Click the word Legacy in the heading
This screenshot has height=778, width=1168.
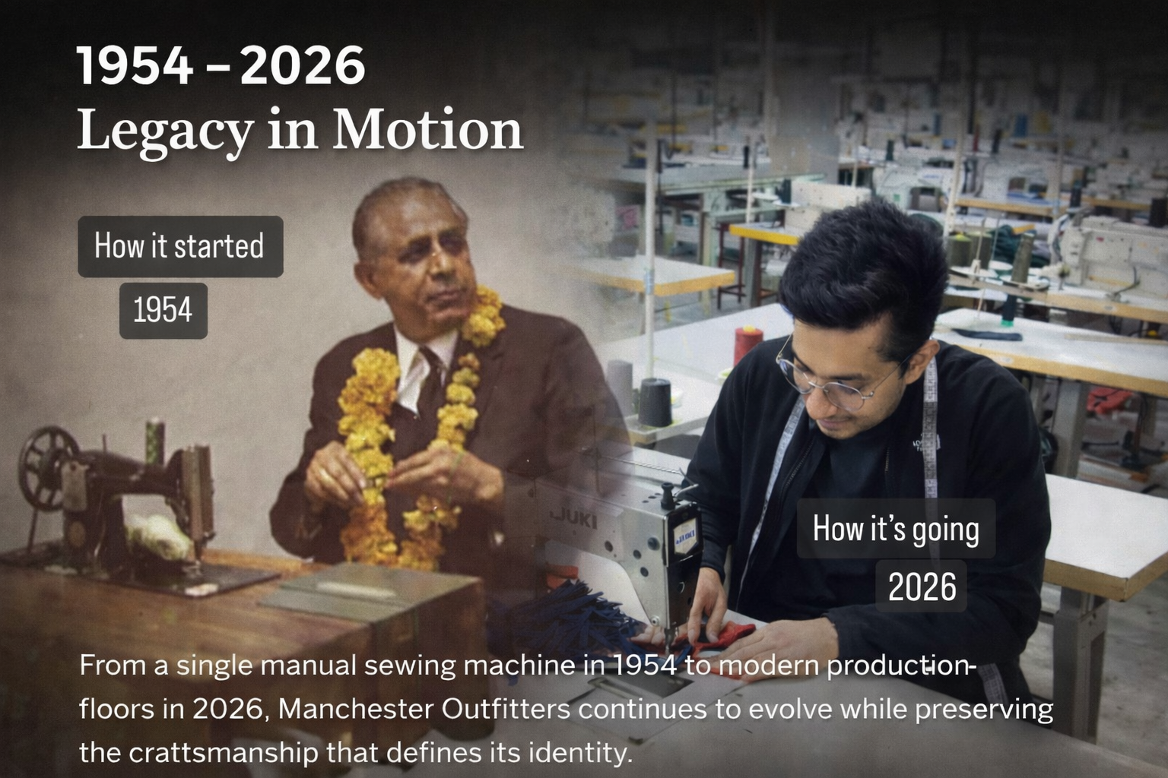164,131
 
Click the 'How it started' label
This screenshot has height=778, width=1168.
179,246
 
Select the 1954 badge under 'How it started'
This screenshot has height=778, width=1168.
163,310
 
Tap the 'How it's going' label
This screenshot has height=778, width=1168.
896,529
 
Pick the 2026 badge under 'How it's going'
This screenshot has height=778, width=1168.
922,587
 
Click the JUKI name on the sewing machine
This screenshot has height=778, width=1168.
574,520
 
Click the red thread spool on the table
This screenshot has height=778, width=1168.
748,346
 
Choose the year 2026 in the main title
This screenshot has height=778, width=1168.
303,66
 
